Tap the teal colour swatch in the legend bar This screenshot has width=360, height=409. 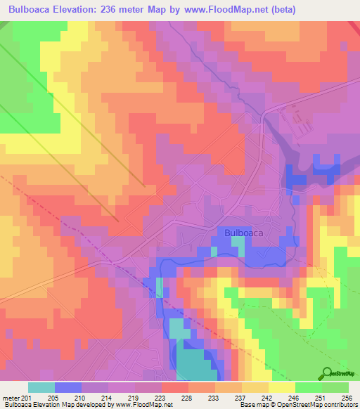tap(41, 387)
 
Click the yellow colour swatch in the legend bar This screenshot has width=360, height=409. tap(281, 387)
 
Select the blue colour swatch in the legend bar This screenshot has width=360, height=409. tap(68, 387)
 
